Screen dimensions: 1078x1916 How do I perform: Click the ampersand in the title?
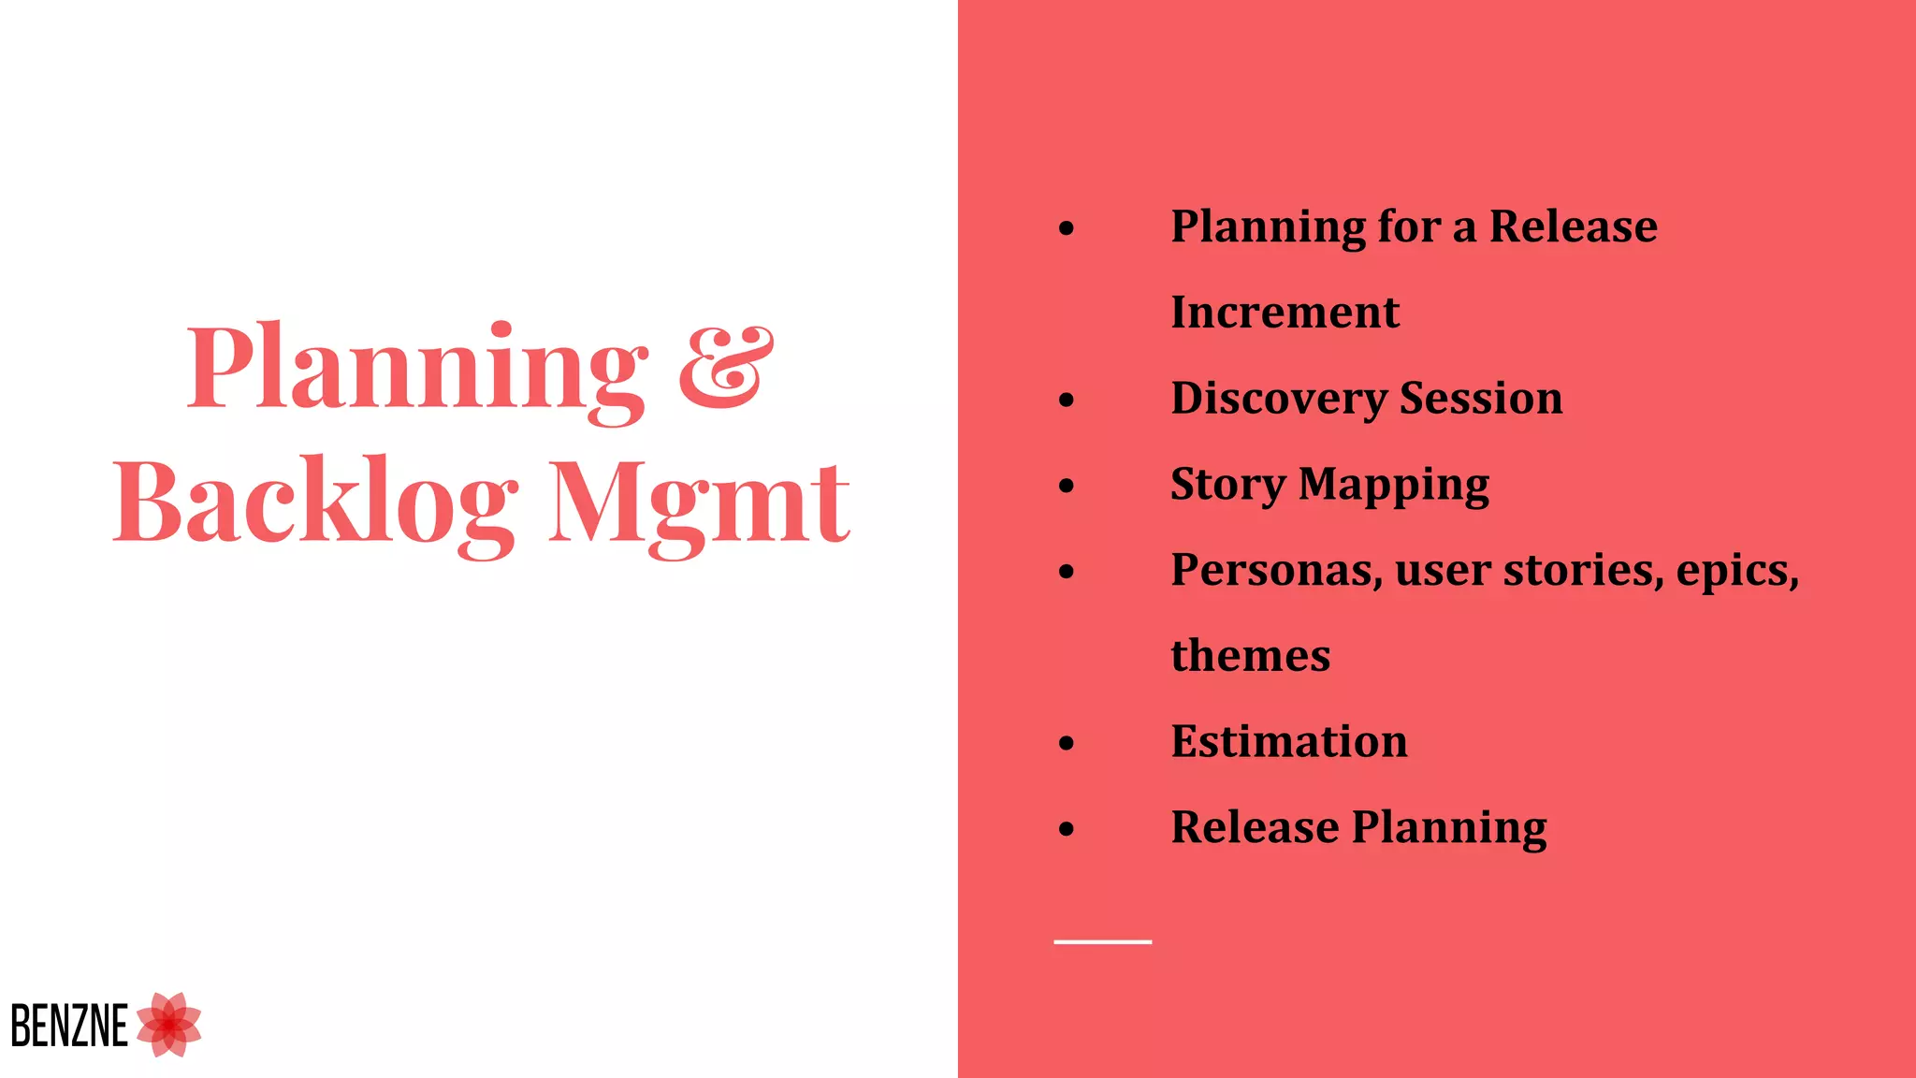[x=726, y=367]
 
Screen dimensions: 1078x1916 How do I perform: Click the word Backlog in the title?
[x=314, y=502]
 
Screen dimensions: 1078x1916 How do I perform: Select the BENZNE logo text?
[x=69, y=1026]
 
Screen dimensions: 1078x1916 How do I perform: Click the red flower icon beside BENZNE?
[x=169, y=1025]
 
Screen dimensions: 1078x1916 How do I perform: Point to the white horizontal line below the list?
[x=1102, y=941]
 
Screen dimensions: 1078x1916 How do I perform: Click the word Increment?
[x=1285, y=312]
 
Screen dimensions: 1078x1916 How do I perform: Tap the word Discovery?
[x=1278, y=399]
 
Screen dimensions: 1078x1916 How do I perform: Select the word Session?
[x=1481, y=398]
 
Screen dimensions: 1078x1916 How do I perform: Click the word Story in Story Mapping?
[x=1227, y=485]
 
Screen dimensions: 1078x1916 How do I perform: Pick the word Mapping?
[x=1394, y=485]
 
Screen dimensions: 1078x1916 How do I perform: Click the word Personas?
[x=1276, y=570]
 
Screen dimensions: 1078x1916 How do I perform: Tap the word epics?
[x=1736, y=571]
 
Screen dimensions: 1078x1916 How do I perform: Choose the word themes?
[x=1250, y=655]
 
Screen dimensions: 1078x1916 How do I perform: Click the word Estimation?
[x=1288, y=741]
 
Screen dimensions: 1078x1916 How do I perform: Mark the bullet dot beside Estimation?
[x=1067, y=744]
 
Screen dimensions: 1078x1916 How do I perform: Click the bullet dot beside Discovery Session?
[x=1067, y=401]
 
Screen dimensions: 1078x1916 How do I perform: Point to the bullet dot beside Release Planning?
[x=1067, y=829]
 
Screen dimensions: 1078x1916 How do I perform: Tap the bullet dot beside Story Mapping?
[x=1067, y=486]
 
